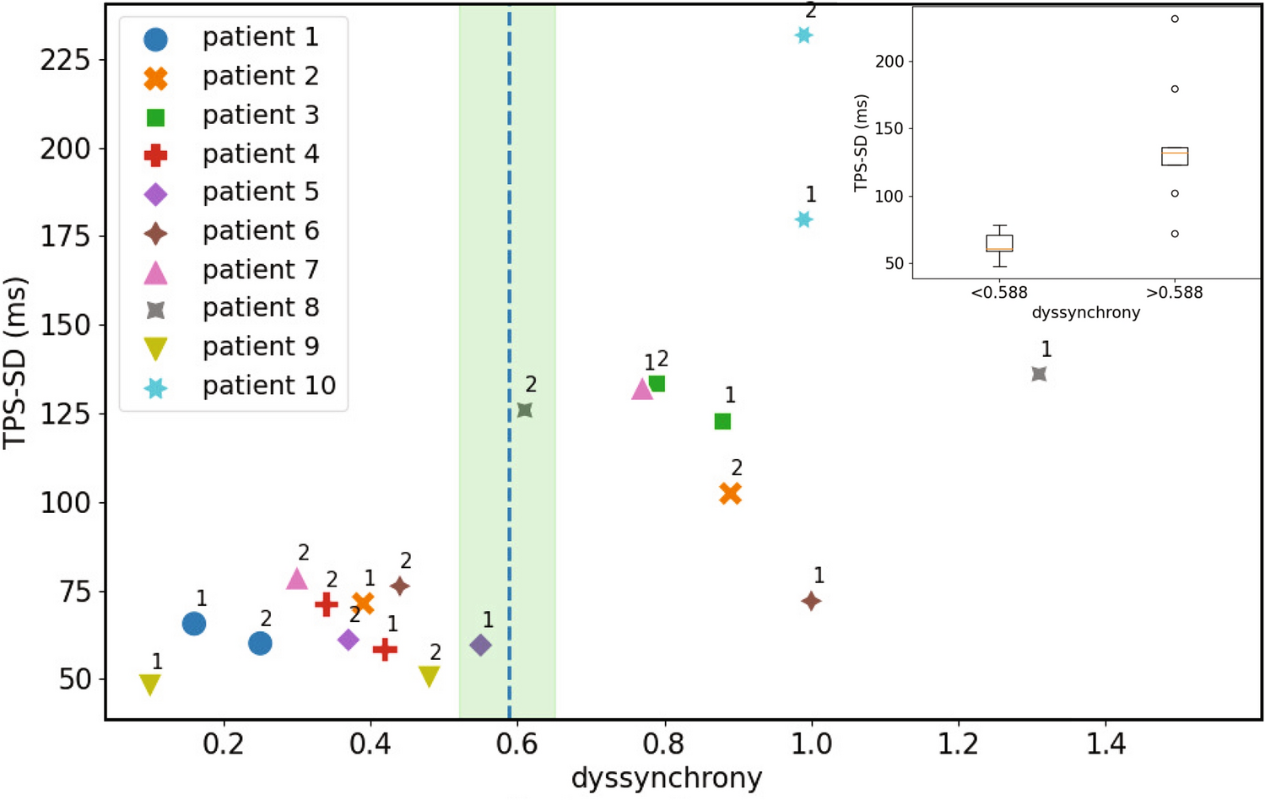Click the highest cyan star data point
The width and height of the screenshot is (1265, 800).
pos(803,35)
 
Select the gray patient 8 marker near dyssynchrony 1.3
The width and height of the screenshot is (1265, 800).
pos(1039,374)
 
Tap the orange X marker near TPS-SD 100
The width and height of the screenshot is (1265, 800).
pos(731,494)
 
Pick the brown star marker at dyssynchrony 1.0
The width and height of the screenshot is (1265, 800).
pos(811,602)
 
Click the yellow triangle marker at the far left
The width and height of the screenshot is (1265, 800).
pos(150,684)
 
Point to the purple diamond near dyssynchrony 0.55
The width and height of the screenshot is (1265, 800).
pos(480,646)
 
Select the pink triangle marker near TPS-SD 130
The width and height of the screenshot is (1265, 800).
pos(642,389)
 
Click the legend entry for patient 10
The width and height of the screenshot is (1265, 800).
pos(268,386)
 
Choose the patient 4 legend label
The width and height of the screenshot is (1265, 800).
pos(260,154)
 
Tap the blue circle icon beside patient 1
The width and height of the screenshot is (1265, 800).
pos(155,39)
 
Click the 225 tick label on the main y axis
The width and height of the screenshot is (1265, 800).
pos(65,61)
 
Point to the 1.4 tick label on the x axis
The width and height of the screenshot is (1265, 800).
pos(1106,744)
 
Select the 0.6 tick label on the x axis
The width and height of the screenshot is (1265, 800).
pos(516,744)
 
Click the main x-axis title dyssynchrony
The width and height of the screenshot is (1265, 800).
pos(667,778)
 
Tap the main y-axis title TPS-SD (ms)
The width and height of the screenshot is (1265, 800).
pos(15,363)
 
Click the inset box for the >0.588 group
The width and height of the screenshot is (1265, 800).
pos(1175,156)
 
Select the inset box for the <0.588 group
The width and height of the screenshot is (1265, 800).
pos(999,243)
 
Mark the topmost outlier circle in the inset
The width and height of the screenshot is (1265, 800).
pos(1175,19)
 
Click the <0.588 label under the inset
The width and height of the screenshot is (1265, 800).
pos(999,293)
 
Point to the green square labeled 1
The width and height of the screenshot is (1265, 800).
pos(722,421)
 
